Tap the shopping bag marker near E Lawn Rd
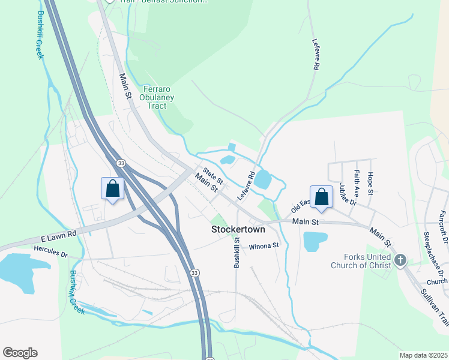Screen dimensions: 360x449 112,189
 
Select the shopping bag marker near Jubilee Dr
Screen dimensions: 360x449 321,197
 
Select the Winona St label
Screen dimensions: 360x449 264,245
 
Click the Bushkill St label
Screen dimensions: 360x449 237,252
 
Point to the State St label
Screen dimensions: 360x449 212,175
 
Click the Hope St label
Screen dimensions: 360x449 370,183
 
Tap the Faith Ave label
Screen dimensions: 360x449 357,184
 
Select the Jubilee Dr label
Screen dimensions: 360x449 348,194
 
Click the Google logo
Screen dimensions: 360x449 20,353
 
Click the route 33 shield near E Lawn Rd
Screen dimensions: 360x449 121,163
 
